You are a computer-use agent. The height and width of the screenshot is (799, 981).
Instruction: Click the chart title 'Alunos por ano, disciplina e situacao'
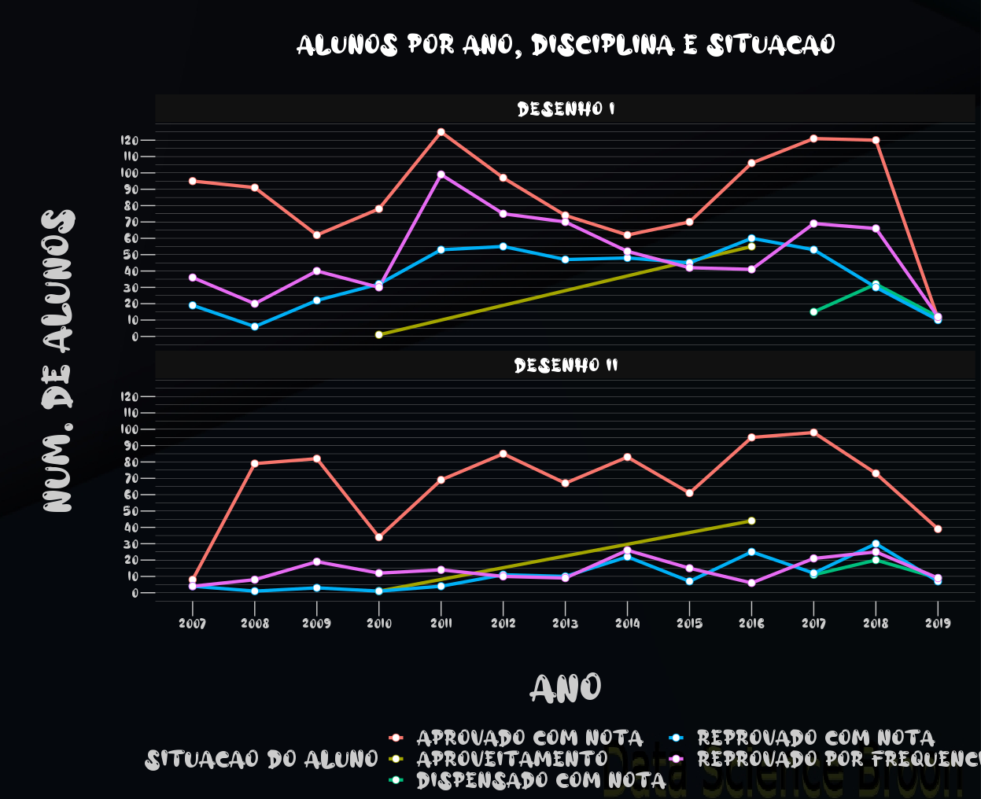coord(566,46)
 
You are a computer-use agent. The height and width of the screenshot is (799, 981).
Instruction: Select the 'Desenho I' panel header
coord(566,109)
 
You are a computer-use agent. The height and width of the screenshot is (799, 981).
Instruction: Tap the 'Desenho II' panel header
coord(566,366)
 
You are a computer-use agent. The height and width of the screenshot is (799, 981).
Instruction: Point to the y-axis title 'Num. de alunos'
coord(60,362)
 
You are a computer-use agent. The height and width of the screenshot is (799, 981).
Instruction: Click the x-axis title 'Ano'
coord(566,689)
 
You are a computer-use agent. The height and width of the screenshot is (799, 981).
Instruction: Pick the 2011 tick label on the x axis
coord(441,624)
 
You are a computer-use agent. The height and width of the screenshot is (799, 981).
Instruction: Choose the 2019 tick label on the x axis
coord(938,624)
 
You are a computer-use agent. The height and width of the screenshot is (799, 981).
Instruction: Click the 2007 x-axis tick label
coord(193,624)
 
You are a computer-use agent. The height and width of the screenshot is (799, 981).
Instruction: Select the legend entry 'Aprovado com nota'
coord(529,738)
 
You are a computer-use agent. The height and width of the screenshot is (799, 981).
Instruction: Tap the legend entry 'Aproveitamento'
coord(511,759)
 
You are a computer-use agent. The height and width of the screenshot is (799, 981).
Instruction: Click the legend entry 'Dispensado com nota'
coord(540,780)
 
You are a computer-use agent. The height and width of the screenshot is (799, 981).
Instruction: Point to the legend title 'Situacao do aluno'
coord(262,760)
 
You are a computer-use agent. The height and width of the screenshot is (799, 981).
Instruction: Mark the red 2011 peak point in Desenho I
coord(441,132)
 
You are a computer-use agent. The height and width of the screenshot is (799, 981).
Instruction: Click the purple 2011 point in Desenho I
coord(441,175)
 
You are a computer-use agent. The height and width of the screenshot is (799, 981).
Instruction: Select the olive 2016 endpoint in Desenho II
coord(751,521)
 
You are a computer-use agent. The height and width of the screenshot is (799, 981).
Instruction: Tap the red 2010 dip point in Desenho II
coord(379,537)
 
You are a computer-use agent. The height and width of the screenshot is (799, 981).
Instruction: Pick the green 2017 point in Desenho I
coord(813,311)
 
